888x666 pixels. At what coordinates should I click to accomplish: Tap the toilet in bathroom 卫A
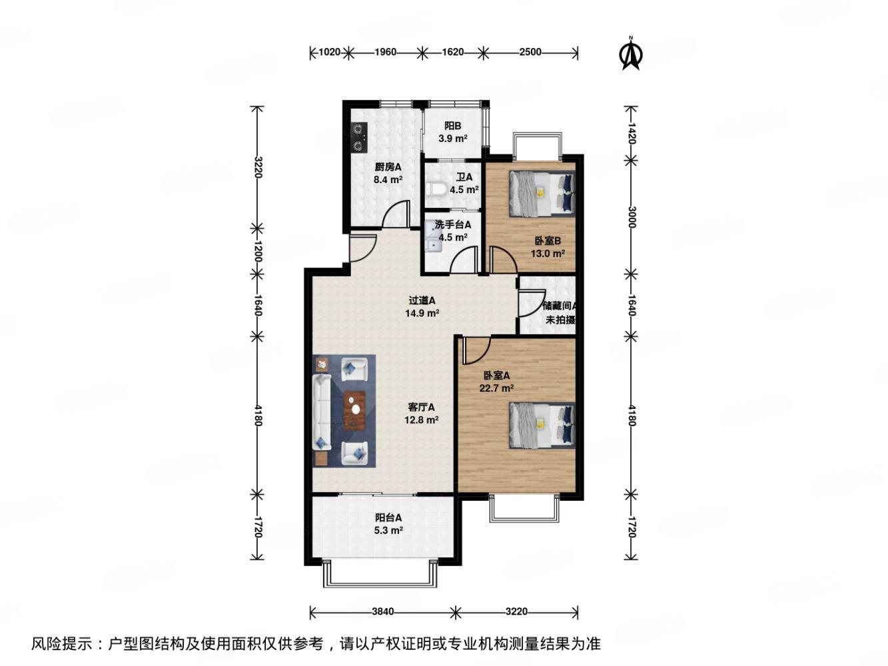click(x=436, y=190)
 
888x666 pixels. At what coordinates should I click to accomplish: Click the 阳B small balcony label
click(x=453, y=126)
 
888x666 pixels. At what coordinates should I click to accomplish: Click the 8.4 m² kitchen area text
click(x=387, y=179)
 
